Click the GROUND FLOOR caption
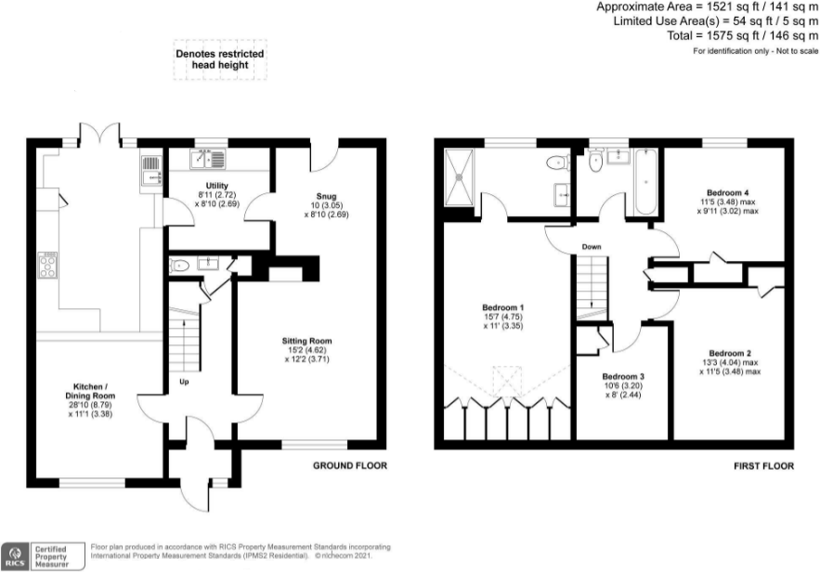[349, 465]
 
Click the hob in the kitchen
[48, 266]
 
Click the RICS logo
[15, 554]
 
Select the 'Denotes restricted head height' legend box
[220, 60]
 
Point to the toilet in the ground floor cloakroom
[180, 266]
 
